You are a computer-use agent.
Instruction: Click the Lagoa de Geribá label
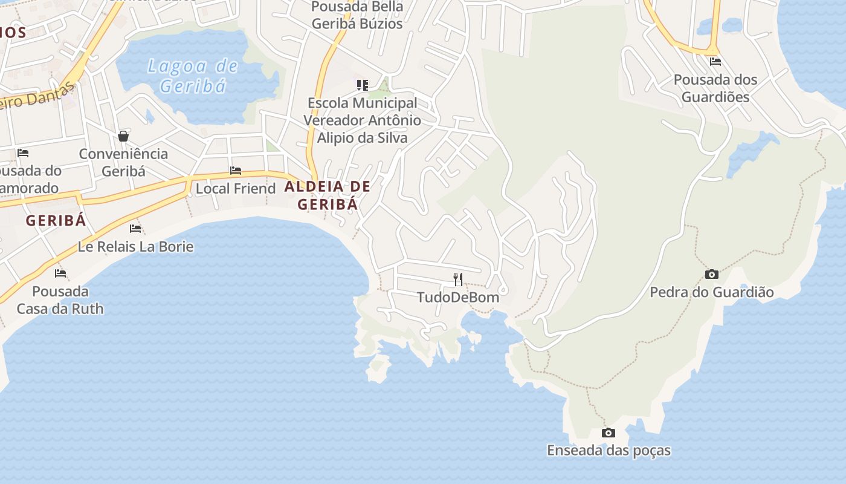193,75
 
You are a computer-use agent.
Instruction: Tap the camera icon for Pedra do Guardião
712,275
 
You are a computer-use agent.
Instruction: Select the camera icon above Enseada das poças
609,433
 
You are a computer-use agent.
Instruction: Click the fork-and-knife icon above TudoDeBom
458,279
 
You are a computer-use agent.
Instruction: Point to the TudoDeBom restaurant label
458,297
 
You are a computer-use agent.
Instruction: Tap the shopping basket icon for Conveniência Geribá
123,136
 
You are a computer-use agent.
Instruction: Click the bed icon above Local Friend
236,171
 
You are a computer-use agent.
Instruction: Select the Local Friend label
236,188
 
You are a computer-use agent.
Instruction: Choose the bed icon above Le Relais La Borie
135,229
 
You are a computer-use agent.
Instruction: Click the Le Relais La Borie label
135,246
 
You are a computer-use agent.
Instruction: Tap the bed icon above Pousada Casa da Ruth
60,273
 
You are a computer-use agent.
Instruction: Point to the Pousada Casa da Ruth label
60,300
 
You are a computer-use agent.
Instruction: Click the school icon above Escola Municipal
362,85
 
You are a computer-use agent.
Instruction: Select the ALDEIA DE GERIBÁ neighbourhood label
328,195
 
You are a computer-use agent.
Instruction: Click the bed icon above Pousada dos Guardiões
715,62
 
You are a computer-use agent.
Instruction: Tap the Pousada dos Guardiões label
715,88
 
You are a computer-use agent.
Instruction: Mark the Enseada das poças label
609,451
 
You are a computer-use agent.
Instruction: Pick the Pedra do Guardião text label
712,292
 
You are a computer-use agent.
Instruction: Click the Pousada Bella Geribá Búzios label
357,15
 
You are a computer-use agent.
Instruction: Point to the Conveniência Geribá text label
123,162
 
